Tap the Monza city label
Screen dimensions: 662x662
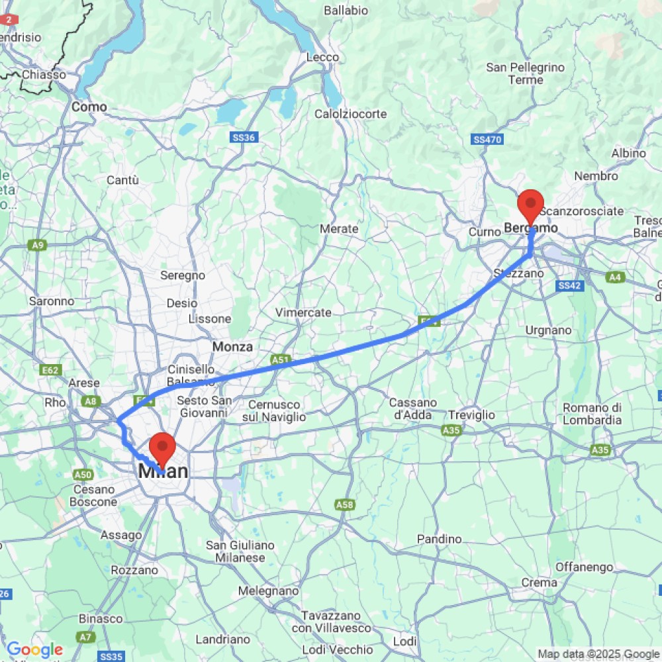click(x=232, y=346)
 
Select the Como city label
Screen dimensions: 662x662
click(x=89, y=107)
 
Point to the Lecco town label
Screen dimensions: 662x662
click(x=322, y=58)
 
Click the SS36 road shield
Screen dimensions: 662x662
click(x=244, y=137)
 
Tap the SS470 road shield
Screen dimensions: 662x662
click(x=488, y=140)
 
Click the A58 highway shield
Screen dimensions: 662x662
click(x=344, y=505)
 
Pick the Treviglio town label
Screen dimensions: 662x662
click(x=471, y=414)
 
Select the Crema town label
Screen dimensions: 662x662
click(x=539, y=583)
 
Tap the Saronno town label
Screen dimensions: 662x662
click(x=52, y=301)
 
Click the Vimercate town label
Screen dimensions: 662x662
click(x=303, y=312)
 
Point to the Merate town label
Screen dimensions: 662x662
click(x=339, y=228)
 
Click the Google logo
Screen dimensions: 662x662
click(x=34, y=650)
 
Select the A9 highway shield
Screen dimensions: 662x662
click(x=38, y=246)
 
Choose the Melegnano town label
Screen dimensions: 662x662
click(x=269, y=591)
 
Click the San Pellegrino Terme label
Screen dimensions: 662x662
click(x=526, y=73)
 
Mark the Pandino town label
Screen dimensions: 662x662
click(x=439, y=540)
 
